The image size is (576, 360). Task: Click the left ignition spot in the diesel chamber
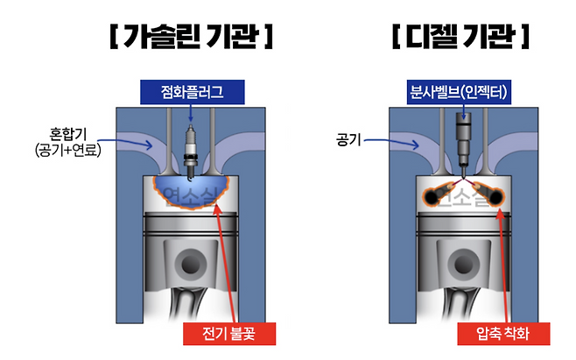pyautogui.click(x=432, y=196)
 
